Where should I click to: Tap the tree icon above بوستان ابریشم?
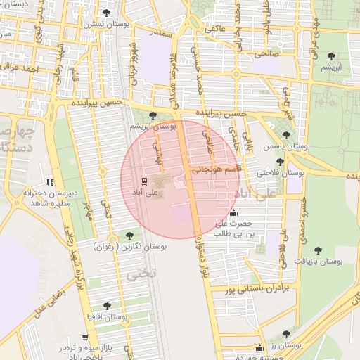(x=153, y=115)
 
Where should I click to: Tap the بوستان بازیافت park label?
(x=318, y=261)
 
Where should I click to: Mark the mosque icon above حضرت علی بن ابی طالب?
(x=233, y=214)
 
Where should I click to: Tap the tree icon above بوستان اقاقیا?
(x=106, y=306)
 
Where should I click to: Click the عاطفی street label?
(x=214, y=30)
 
